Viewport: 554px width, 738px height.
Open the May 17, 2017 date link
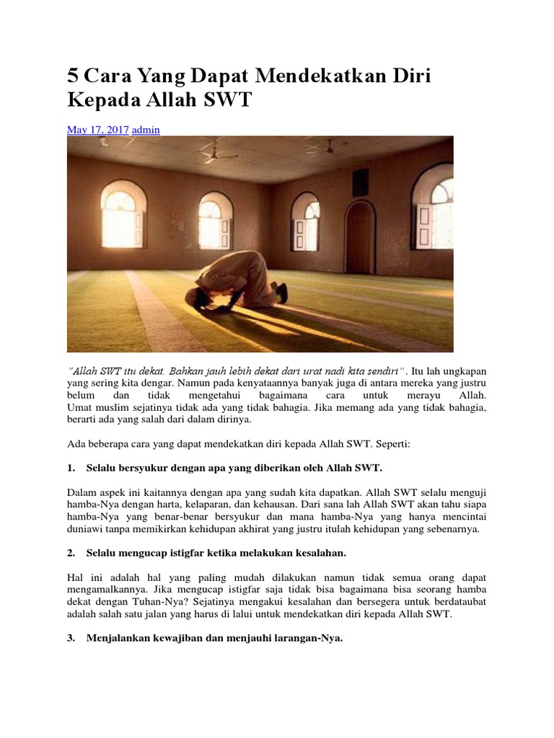[x=97, y=130]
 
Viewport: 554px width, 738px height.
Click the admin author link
[x=146, y=130]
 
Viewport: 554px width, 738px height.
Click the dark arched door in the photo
[x=359, y=237]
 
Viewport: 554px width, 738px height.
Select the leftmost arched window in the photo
[x=124, y=215]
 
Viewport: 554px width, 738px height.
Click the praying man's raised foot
[x=281, y=292]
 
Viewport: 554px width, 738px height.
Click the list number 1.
[x=71, y=468]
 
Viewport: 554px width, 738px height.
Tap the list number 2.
[x=71, y=553]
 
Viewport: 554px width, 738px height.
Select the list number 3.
[x=71, y=637]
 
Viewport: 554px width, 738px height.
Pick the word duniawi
[x=87, y=529]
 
